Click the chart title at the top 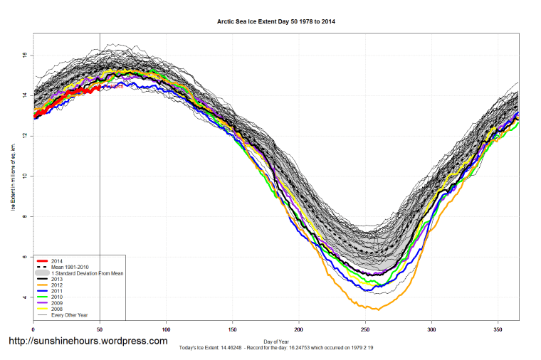coord(276,22)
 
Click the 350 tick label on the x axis coord(498,329)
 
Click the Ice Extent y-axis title coord(12,176)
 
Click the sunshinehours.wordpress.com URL coord(88,342)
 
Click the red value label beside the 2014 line coord(114,86)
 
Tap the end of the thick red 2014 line coord(99,87)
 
